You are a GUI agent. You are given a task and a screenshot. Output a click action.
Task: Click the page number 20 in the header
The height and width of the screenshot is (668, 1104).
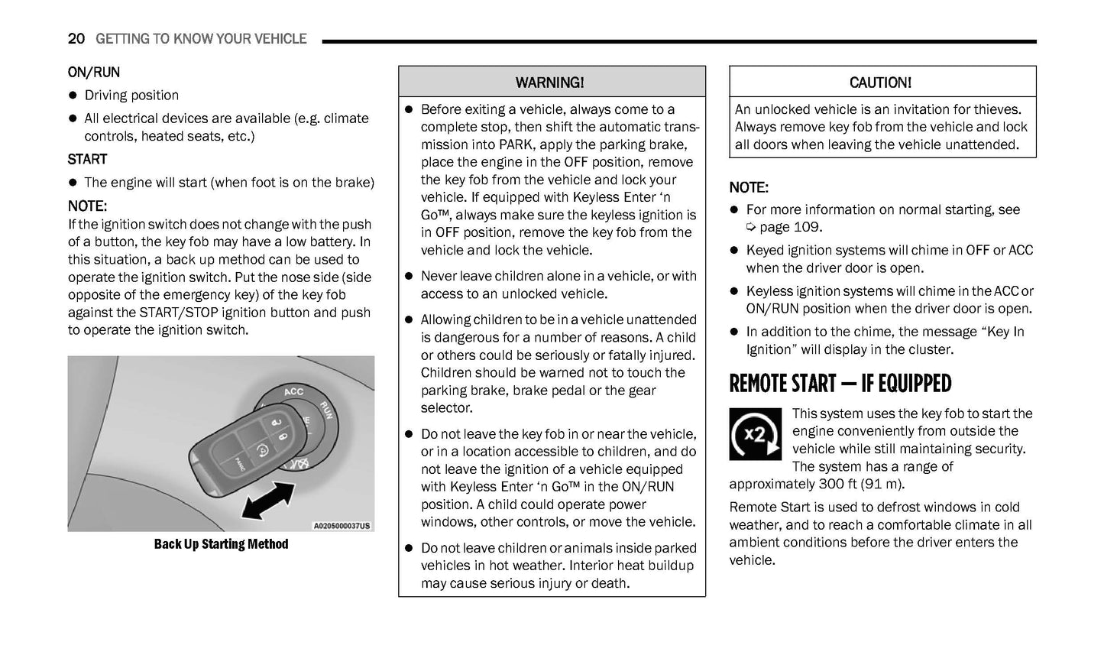pyautogui.click(x=76, y=39)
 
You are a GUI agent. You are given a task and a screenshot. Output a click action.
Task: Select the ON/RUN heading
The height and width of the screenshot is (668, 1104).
pyautogui.click(x=93, y=73)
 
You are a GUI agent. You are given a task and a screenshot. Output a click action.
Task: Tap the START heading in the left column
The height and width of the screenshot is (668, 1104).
pyautogui.click(x=87, y=159)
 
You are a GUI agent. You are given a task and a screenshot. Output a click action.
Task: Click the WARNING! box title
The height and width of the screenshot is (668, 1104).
pyautogui.click(x=550, y=83)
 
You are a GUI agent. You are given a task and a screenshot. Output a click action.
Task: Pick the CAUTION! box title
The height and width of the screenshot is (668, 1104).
pyautogui.click(x=880, y=83)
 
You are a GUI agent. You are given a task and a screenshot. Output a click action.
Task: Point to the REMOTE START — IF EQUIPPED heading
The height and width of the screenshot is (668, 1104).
pyautogui.click(x=840, y=384)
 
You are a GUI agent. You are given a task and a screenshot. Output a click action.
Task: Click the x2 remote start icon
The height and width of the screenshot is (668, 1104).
pyautogui.click(x=755, y=434)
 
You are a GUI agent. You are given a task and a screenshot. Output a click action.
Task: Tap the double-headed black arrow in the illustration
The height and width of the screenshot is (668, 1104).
pyautogui.click(x=267, y=501)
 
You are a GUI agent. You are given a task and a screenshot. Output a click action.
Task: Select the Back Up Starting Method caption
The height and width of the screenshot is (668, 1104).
pyautogui.click(x=221, y=544)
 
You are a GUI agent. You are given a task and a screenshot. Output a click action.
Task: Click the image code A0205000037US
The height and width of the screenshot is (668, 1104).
pyautogui.click(x=342, y=526)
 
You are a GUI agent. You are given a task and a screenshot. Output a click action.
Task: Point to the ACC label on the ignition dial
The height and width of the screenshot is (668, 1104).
pyautogui.click(x=294, y=392)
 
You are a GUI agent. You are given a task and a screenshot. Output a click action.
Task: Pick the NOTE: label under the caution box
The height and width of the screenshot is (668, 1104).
pyautogui.click(x=748, y=187)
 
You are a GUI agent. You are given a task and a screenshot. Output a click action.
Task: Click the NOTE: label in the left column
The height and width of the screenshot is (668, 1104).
pyautogui.click(x=87, y=206)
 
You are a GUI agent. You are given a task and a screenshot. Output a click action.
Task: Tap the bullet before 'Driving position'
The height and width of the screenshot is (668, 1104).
pyautogui.click(x=73, y=96)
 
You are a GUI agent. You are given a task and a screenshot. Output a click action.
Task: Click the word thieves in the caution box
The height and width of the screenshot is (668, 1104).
pyautogui.click(x=994, y=109)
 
